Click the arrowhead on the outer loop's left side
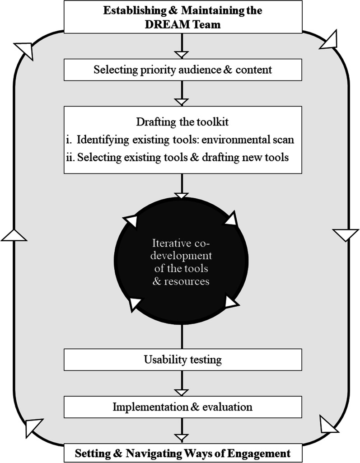(14, 235)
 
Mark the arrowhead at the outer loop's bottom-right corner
(329, 423)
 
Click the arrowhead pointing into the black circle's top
(182, 196)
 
